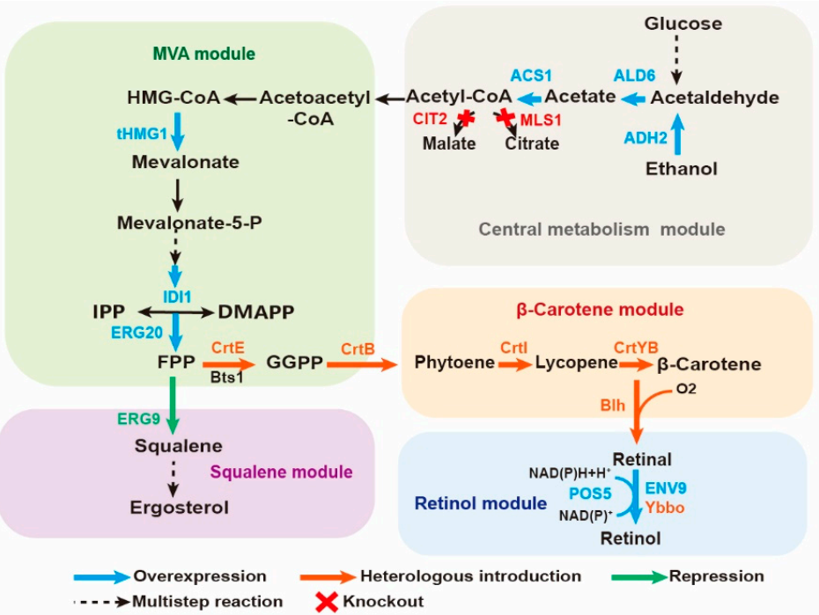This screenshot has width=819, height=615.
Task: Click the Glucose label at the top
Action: [682, 24]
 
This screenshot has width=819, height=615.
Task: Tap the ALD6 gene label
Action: [634, 77]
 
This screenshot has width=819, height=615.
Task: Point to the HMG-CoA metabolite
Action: [173, 98]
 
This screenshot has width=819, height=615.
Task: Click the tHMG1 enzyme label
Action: [141, 133]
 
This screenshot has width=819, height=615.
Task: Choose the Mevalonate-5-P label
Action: [189, 223]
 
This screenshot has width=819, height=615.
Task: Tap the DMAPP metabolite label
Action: [255, 311]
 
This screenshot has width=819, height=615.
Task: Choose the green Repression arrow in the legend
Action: [638, 577]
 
